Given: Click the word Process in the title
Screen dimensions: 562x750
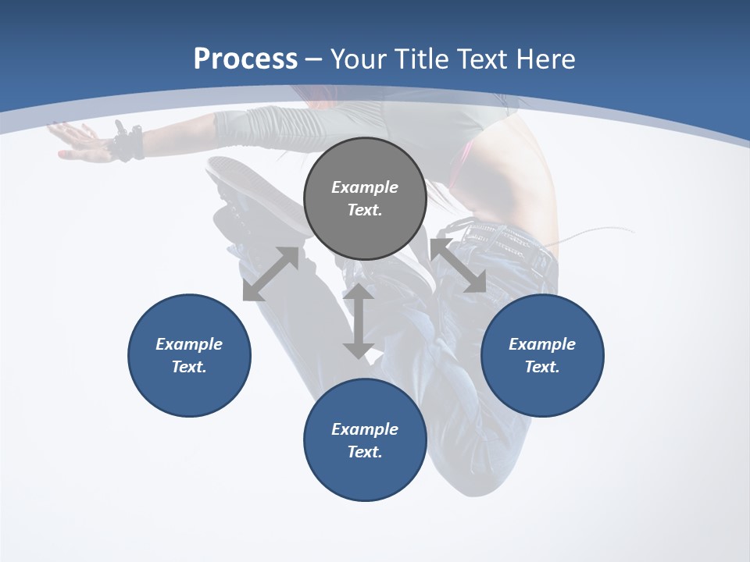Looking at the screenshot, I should (245, 59).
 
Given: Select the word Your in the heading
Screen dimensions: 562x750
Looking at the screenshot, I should (358, 59).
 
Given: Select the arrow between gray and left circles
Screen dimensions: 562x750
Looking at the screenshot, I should (270, 274).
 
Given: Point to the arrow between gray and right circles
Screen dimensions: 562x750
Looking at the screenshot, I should (458, 266).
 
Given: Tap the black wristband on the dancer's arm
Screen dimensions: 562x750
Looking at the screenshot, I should (128, 143).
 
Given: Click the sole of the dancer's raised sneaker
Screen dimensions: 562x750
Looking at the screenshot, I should (242, 187).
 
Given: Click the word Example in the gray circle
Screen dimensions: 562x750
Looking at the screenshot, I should (365, 187).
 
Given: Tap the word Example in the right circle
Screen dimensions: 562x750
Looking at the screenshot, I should (542, 344).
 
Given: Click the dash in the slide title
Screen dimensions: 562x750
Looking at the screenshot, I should (314, 59).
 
